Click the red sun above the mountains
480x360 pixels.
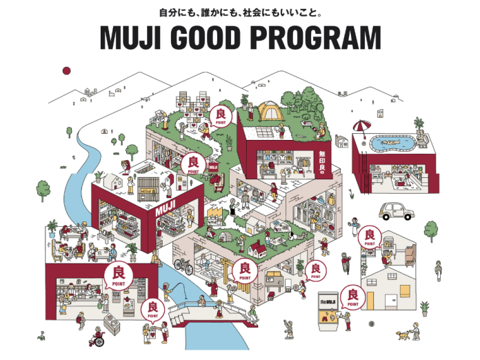pyautogui.click(x=67, y=70)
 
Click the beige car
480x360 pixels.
pyautogui.click(x=394, y=210)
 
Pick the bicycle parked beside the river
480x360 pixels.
pyautogui.click(x=181, y=263)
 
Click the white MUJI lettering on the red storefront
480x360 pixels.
pyautogui.click(x=167, y=208)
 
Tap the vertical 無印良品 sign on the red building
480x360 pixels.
pyautogui.click(x=322, y=161)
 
